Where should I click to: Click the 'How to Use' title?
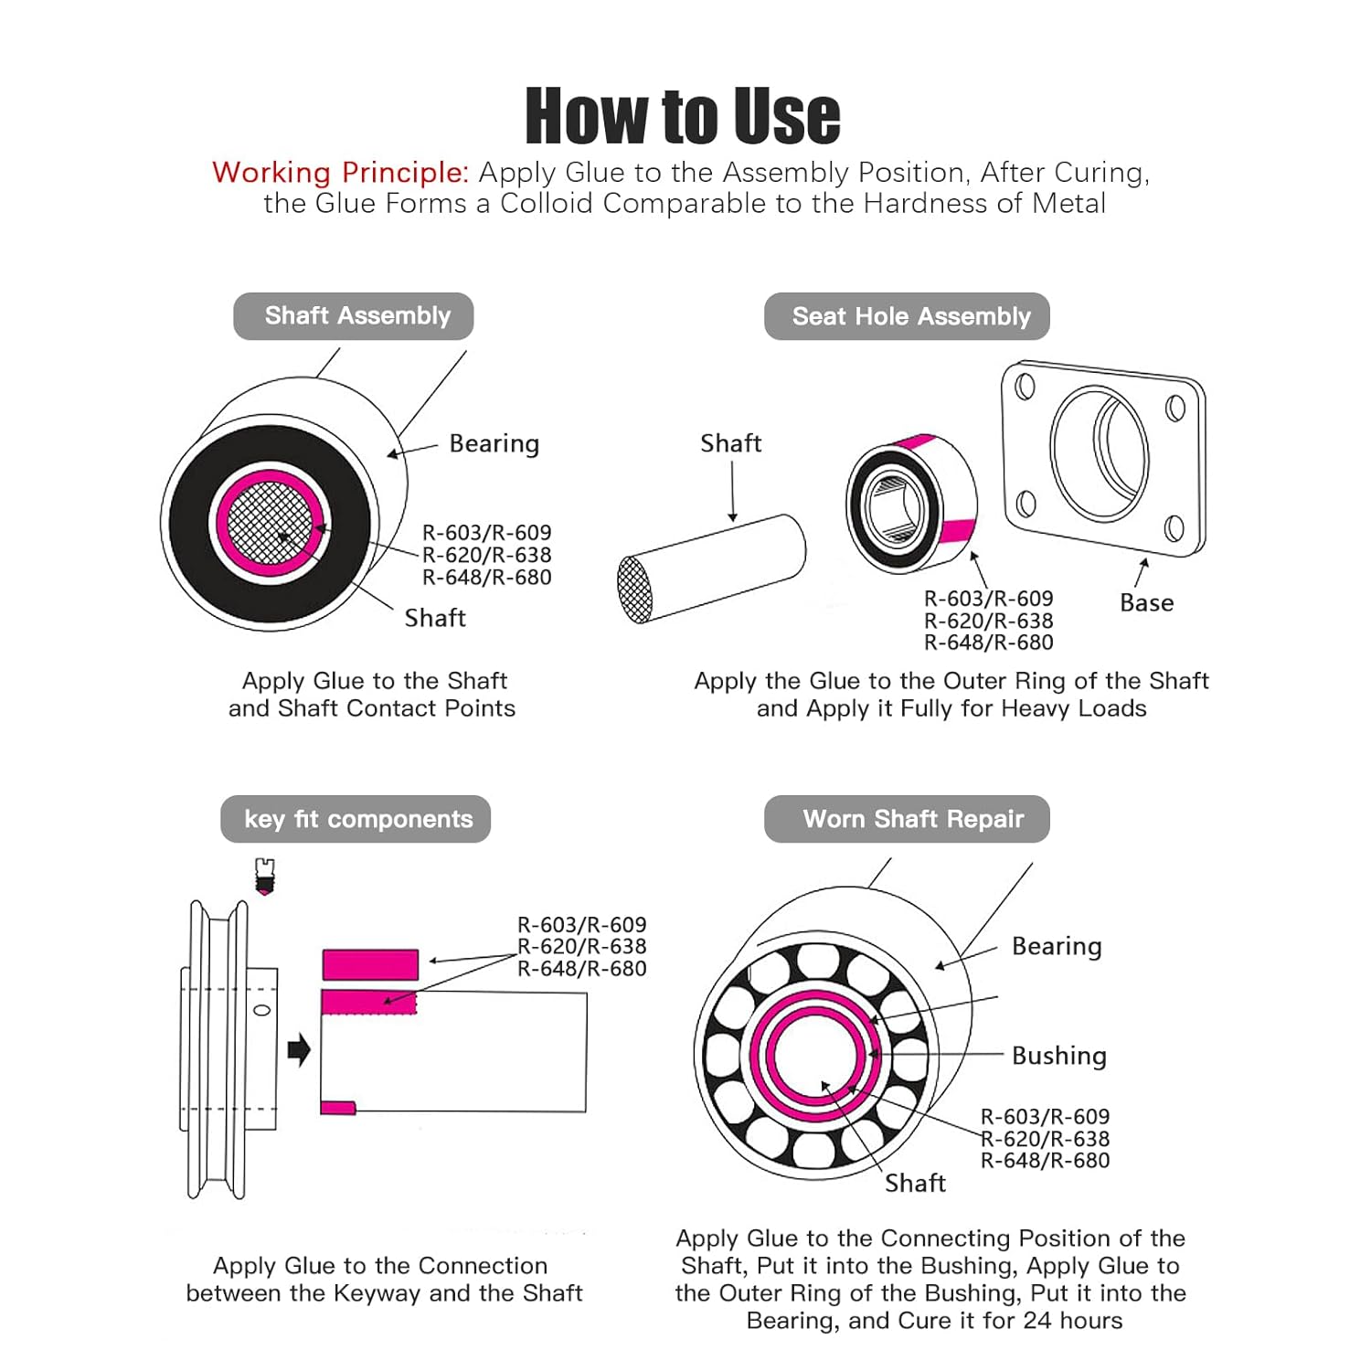tap(683, 116)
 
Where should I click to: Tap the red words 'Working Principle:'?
tap(340, 173)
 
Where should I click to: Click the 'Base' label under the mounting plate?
tap(1146, 603)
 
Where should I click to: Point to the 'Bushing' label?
tap(1058, 1056)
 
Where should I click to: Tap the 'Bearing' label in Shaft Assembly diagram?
tap(494, 444)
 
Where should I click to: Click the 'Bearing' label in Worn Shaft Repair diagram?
tap(1057, 946)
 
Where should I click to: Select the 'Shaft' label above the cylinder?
tap(730, 443)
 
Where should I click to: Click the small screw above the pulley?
tap(265, 876)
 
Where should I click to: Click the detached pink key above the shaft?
tap(370, 964)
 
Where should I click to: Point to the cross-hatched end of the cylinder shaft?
tap(635, 590)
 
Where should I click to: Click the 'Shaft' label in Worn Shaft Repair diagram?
tap(914, 1184)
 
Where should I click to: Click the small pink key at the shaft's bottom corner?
tap(337, 1108)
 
